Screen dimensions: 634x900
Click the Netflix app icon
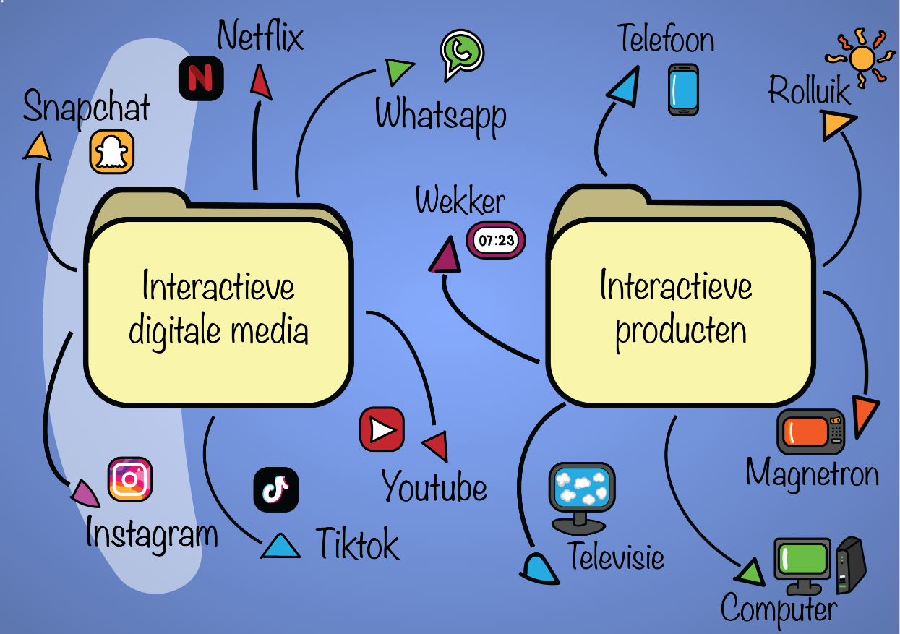[x=201, y=78]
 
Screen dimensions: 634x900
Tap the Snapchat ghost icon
[x=112, y=152]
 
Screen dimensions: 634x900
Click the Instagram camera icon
[x=130, y=479]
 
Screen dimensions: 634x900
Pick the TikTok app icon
[x=275, y=489]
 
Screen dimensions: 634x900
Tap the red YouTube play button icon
[x=382, y=429]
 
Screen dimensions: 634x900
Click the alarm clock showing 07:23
[x=496, y=241]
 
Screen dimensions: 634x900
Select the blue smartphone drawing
[x=683, y=89]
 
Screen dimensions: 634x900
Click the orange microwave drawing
[x=811, y=431]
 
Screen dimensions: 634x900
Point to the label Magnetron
[x=812, y=474]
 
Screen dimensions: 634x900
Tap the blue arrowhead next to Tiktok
[x=280, y=546]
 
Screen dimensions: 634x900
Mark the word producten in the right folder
[x=680, y=332]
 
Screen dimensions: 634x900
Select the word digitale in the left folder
[x=175, y=330]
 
